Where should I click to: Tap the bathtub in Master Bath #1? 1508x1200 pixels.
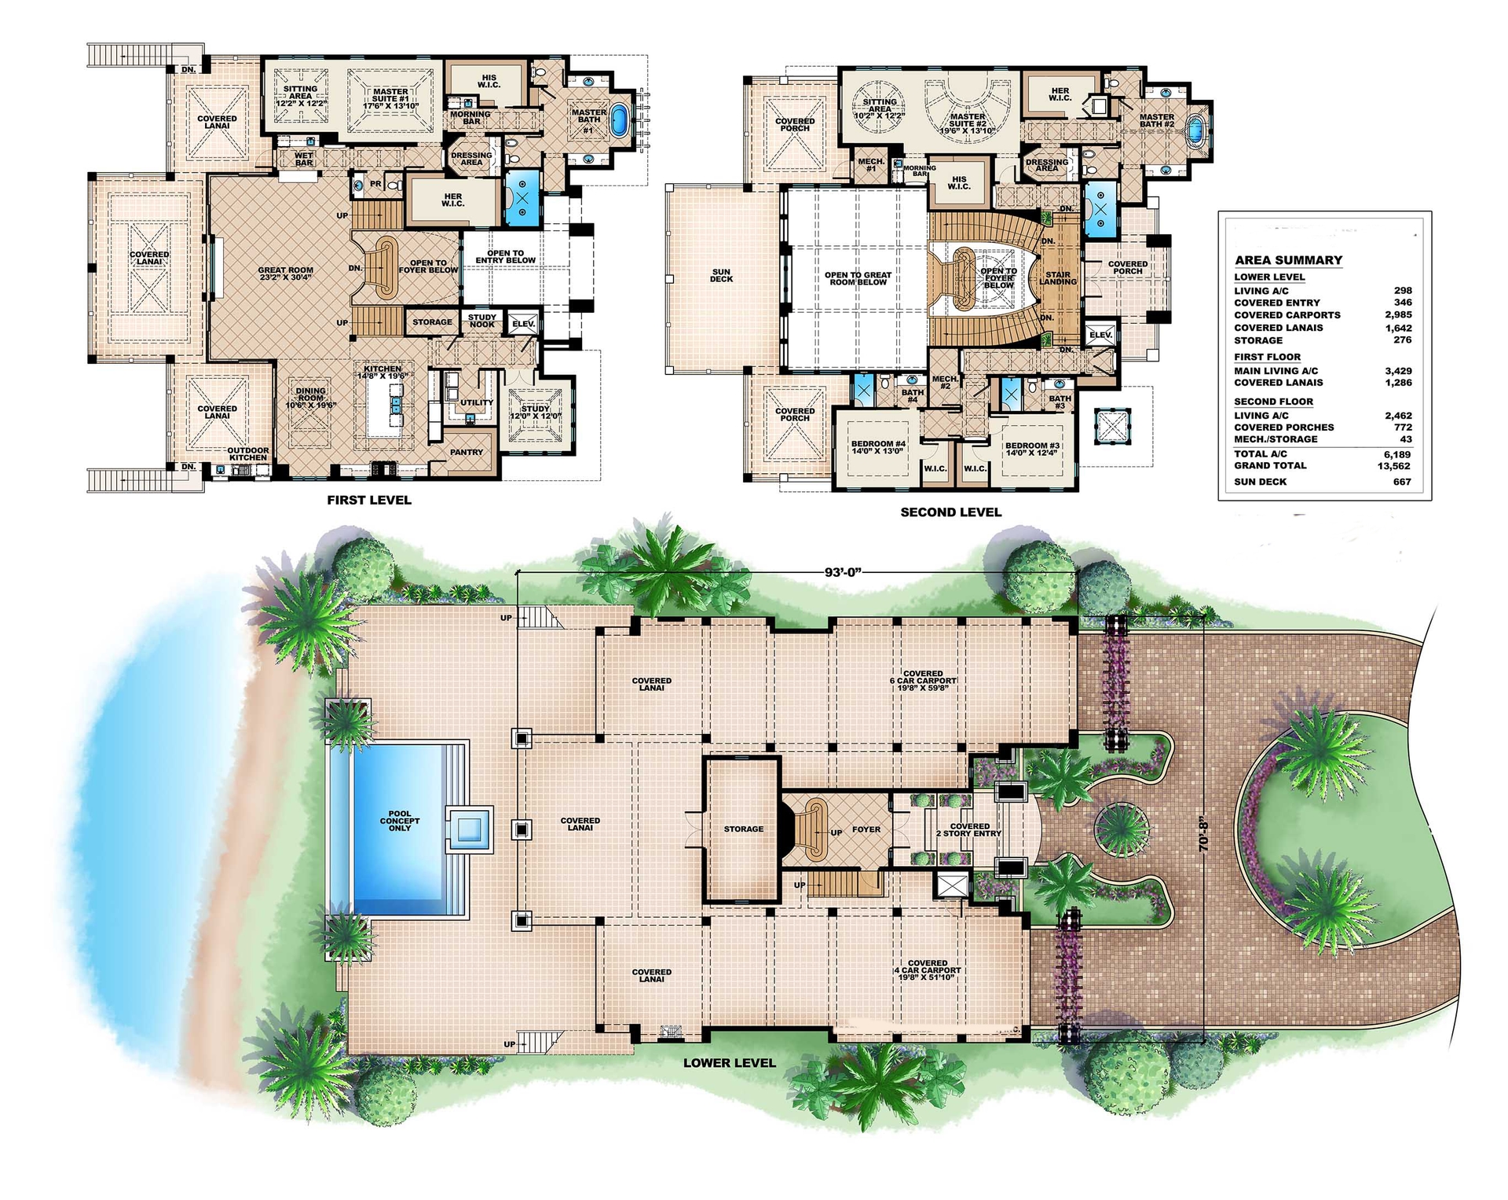[620, 121]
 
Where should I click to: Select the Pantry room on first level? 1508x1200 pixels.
[466, 452]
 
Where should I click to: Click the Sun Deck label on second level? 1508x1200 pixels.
[720, 276]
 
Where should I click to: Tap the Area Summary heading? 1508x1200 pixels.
[1288, 260]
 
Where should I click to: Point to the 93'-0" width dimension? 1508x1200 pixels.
[843, 572]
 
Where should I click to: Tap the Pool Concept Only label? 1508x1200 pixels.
[400, 820]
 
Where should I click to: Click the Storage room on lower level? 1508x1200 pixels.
[743, 829]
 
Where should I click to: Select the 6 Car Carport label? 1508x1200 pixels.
[923, 681]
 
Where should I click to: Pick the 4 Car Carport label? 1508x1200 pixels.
[927, 970]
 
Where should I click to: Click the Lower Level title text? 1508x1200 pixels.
[729, 1063]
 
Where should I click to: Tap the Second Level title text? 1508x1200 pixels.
[950, 512]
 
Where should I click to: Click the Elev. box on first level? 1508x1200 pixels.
[522, 324]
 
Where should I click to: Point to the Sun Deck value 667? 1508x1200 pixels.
[1402, 482]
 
